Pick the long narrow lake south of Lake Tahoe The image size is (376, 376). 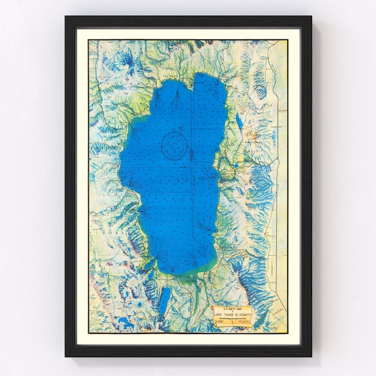click(164, 300)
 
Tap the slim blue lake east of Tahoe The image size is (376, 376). click(239, 120)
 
